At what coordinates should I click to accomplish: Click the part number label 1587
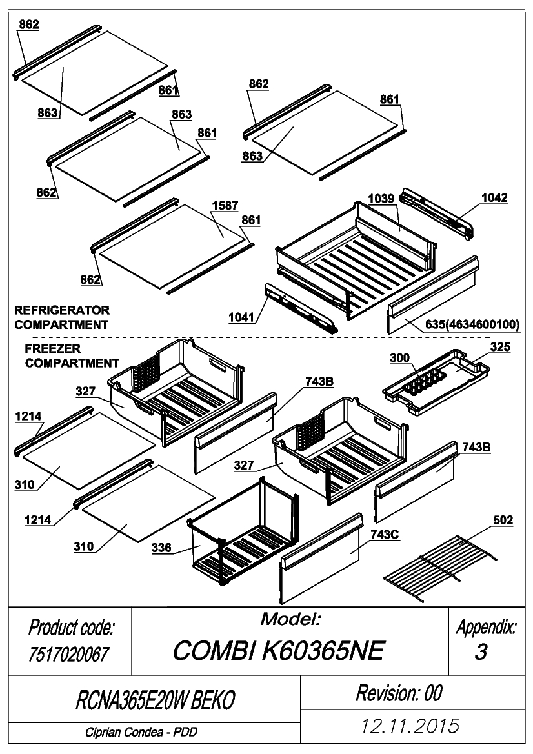pos(225,206)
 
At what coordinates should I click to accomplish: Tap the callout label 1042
pos(494,197)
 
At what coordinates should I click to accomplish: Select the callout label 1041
pos(241,317)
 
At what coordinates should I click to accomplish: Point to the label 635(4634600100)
pos(472,324)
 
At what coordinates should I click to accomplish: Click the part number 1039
pos(381,199)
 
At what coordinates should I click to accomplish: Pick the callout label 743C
pos(385,534)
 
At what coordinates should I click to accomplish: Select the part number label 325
pos(500,347)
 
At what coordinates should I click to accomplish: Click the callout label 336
pos(161,548)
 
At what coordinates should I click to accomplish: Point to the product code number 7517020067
pos(69,654)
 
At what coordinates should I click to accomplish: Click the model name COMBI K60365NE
pos(279,651)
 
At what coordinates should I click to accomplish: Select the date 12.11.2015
pos(410,726)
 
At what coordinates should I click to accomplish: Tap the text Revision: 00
pos(399,693)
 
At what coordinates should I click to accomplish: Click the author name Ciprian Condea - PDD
pos(141,732)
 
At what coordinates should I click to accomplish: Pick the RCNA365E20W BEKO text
pos(155,700)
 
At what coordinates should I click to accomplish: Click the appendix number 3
pos(481,652)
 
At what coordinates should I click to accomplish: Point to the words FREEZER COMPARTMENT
pos(72,355)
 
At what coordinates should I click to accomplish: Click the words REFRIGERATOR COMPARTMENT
pos(62,317)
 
